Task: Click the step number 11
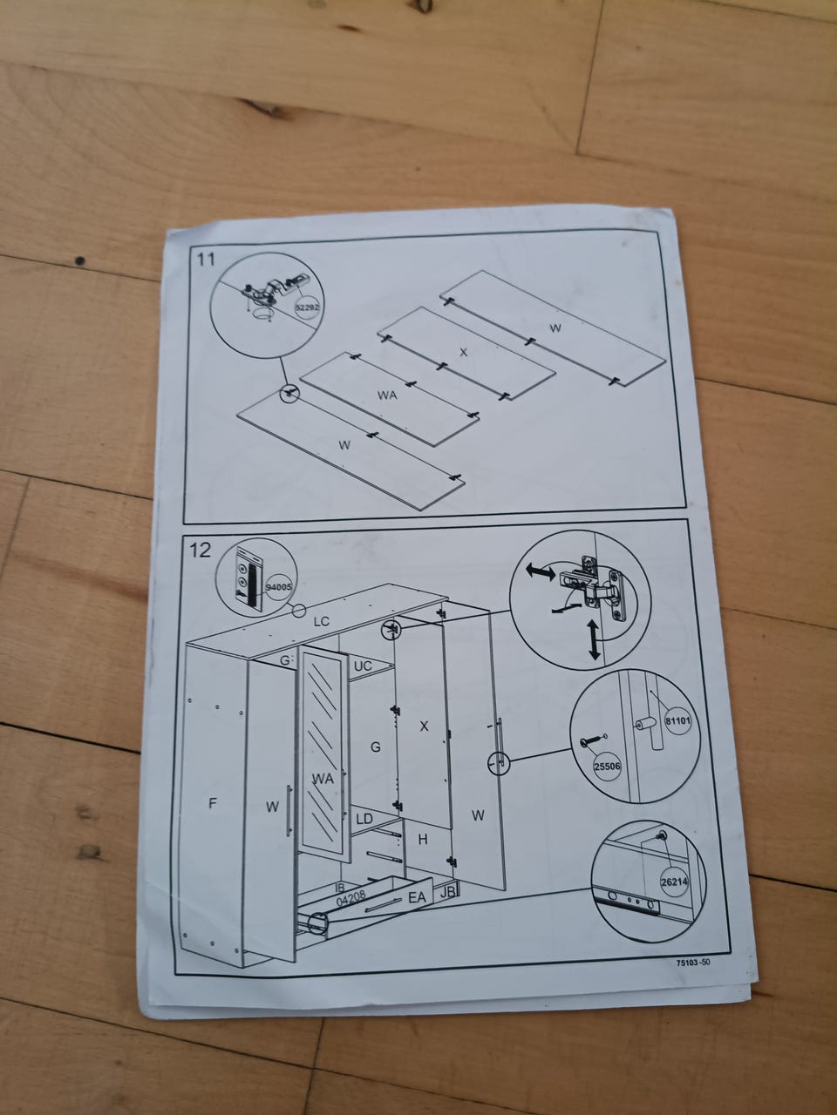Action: pyautogui.click(x=207, y=260)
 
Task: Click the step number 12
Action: pyautogui.click(x=201, y=551)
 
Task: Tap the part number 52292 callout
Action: pyautogui.click(x=308, y=307)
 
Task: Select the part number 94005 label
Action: pyautogui.click(x=278, y=587)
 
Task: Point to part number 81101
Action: pyautogui.click(x=678, y=720)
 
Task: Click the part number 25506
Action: pyautogui.click(x=608, y=766)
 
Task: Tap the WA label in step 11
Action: pyautogui.click(x=387, y=395)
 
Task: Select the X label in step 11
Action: pyautogui.click(x=464, y=352)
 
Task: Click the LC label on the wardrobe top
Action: pyautogui.click(x=321, y=621)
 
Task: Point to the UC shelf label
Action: pyautogui.click(x=363, y=666)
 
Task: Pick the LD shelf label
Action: pyautogui.click(x=364, y=819)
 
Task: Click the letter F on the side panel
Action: pyautogui.click(x=213, y=803)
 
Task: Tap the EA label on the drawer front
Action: pyautogui.click(x=417, y=897)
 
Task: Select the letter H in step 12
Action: pyautogui.click(x=423, y=841)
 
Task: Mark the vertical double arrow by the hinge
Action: pyautogui.click(x=594, y=641)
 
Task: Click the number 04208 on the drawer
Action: pyautogui.click(x=351, y=899)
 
